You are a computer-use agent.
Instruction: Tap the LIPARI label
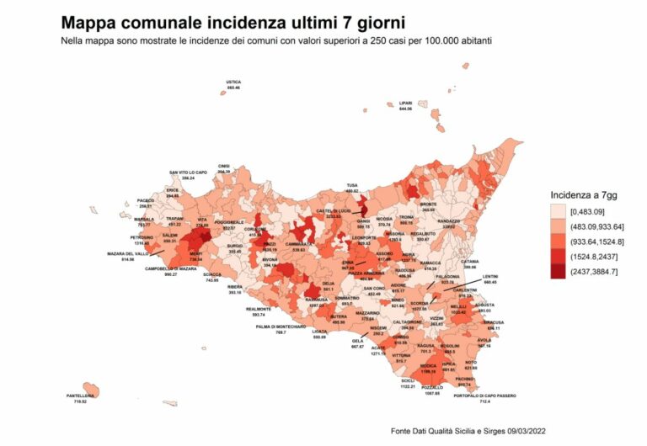click(405, 104)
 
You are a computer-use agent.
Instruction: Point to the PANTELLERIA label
click(80, 396)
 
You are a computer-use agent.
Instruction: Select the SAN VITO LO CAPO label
click(188, 173)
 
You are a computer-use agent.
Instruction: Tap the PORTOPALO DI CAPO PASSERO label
click(484, 396)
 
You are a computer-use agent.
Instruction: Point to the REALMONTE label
click(258, 309)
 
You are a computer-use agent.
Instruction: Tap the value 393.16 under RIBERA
click(234, 292)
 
